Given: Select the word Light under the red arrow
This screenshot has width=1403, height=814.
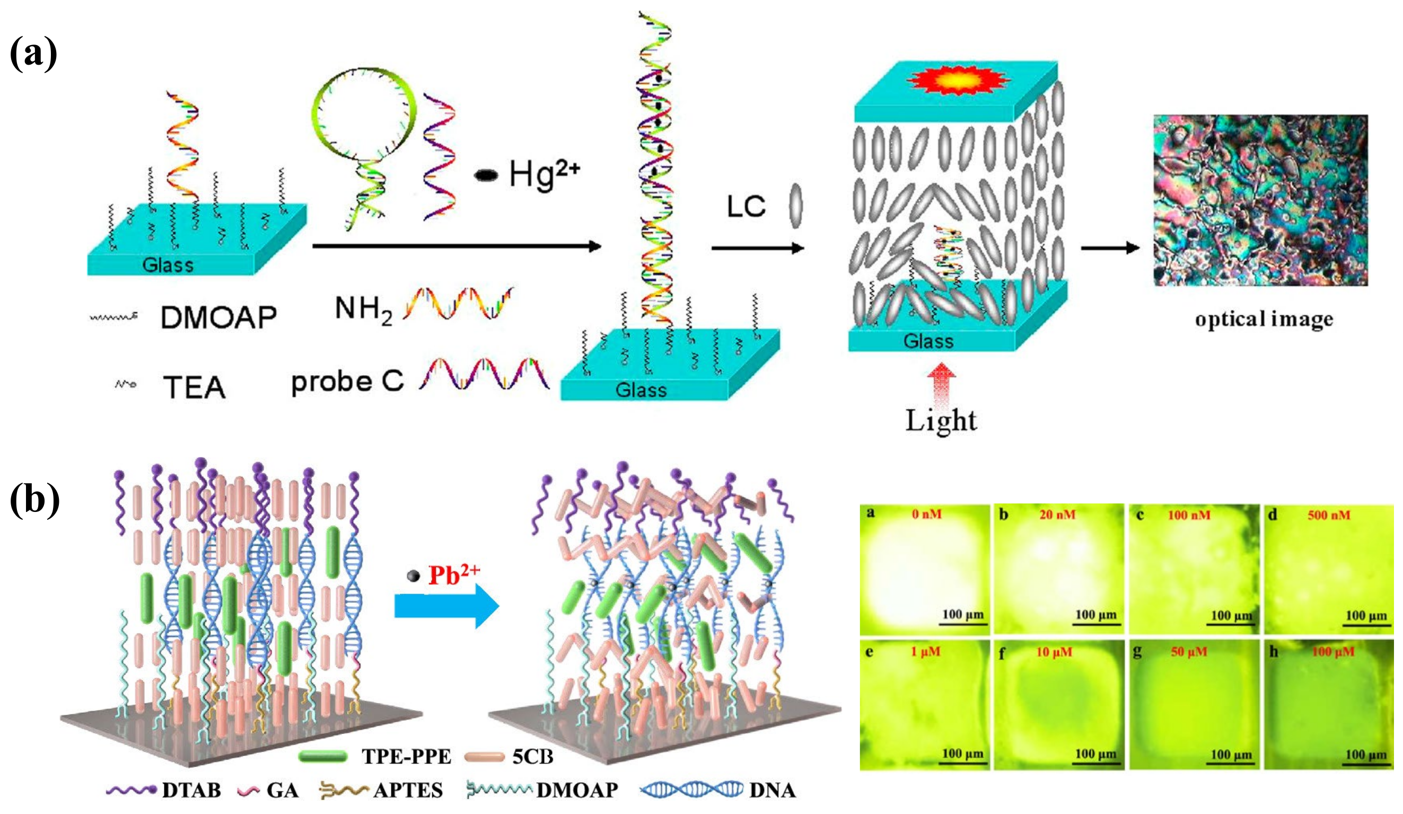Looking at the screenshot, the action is coord(940,421).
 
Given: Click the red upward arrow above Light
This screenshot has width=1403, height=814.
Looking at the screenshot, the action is coord(940,384).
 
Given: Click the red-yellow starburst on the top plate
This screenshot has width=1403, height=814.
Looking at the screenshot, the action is coord(958,81).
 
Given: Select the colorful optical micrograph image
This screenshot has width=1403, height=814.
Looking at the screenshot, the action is coord(1260,200).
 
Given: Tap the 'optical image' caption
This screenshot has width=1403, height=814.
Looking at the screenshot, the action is coord(1264,320).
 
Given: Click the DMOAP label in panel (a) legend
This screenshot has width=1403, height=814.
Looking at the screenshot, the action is coord(218,317).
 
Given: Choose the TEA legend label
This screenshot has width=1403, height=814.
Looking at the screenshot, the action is coord(194,387).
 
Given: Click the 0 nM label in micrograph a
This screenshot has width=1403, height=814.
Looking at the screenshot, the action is coord(926,514).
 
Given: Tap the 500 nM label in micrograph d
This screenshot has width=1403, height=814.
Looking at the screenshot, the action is coord(1329,515).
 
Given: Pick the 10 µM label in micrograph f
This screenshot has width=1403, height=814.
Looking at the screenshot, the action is coord(1054,651).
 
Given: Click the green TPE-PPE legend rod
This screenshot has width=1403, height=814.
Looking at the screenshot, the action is coord(323,756).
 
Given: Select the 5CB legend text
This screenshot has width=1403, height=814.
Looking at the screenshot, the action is coord(532,756).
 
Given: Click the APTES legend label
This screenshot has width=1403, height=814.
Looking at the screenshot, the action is coord(408,790).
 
